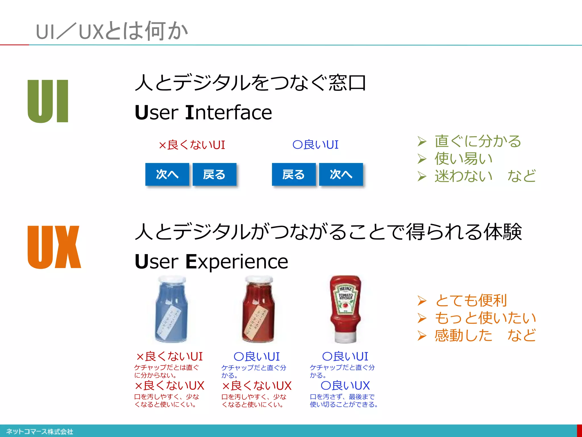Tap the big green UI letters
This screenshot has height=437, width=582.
48,101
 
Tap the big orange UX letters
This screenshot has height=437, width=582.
54,247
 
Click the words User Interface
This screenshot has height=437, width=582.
203,112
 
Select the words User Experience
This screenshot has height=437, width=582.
211,261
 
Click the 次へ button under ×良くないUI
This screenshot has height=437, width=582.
167,174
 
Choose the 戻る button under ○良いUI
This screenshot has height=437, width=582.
294,174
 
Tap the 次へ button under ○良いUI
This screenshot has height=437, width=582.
341,174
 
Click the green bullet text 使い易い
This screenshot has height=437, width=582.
463,158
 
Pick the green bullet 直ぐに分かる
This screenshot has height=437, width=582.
477,141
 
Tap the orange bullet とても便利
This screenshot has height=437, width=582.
471,300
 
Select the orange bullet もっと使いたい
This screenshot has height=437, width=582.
485,318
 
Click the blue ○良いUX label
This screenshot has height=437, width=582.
345,386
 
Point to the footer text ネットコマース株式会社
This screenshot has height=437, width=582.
40,431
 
